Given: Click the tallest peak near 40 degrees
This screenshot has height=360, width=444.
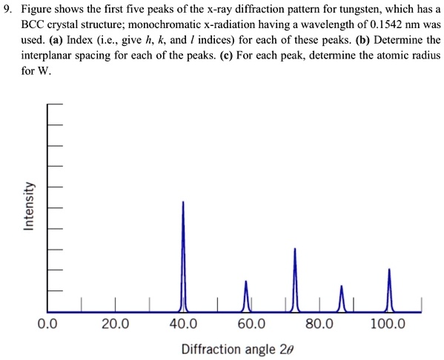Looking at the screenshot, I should pyautogui.click(x=183, y=252).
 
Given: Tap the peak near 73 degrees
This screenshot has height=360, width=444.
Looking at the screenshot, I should pyautogui.click(x=295, y=278).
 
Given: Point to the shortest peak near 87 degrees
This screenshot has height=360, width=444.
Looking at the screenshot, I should pyautogui.click(x=341, y=296).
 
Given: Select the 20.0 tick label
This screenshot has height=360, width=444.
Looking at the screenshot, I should pyautogui.click(x=115, y=324).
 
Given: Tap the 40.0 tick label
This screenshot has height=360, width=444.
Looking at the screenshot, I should pyautogui.click(x=183, y=324).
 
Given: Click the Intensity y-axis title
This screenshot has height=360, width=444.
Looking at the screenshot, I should pyautogui.click(x=28, y=207).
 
